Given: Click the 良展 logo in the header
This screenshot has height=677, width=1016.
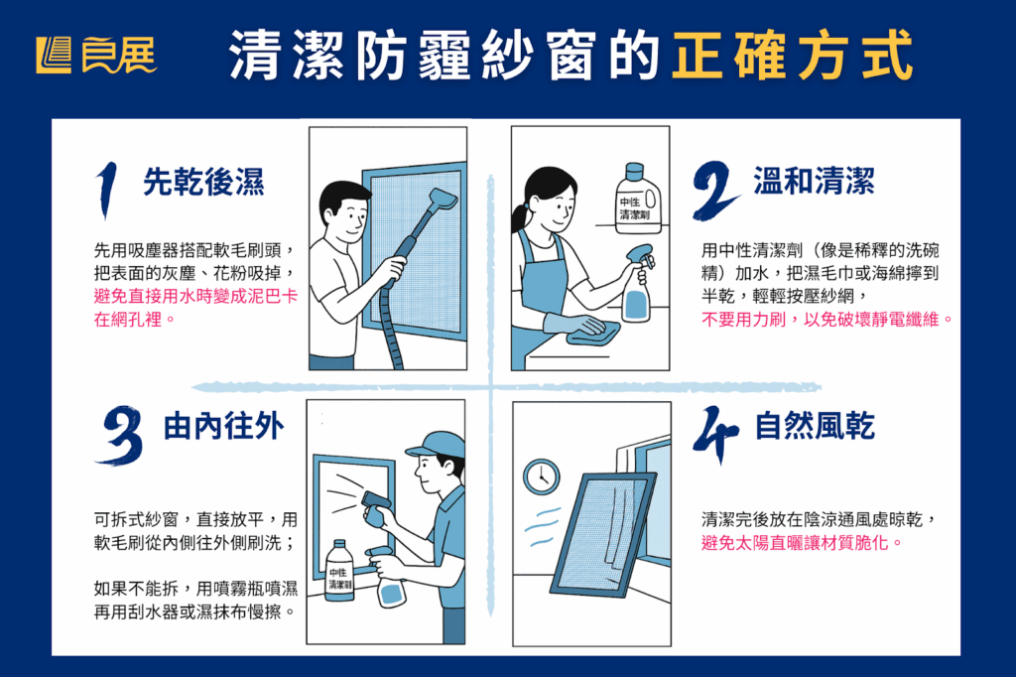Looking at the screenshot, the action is [96, 56].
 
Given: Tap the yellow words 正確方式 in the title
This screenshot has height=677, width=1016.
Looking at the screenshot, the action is [793, 56].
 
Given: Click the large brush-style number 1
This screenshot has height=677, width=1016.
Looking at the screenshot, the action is [107, 190].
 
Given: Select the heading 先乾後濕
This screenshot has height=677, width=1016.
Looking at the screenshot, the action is [203, 182].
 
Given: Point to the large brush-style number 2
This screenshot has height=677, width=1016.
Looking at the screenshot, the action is [715, 190].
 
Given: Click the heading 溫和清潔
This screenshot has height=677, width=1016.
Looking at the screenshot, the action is [814, 181].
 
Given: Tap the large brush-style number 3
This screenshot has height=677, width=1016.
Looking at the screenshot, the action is [120, 435].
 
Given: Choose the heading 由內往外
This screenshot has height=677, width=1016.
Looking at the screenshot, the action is [223, 427].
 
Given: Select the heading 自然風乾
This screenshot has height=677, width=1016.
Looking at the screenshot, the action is [815, 426].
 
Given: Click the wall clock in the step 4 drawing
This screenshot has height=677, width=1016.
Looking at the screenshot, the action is [542, 476].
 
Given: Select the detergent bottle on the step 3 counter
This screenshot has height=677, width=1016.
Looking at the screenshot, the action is [339, 571].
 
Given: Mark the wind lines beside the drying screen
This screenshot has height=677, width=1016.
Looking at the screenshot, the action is [542, 527].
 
